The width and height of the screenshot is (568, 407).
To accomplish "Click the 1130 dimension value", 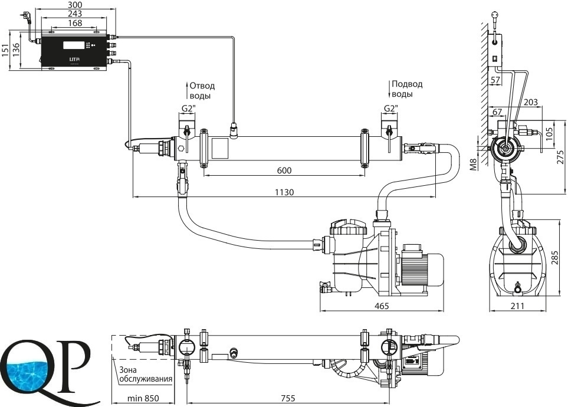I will tap(285, 192).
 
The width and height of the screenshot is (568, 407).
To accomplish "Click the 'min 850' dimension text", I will tap(143, 399).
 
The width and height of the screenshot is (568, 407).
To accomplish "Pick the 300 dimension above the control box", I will tap(74, 5).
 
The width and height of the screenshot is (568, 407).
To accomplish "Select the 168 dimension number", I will tap(74, 23).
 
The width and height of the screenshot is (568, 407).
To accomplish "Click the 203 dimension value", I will tap(531, 103).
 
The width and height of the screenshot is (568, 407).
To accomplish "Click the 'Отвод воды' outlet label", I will tap(202, 90).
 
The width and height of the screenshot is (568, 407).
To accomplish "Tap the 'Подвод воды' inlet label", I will tap(408, 89).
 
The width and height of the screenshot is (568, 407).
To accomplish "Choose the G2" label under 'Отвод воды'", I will tap(188, 108).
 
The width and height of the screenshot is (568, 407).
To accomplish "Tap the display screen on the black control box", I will tap(74, 45).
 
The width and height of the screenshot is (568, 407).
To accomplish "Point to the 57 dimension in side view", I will tap(495, 80).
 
